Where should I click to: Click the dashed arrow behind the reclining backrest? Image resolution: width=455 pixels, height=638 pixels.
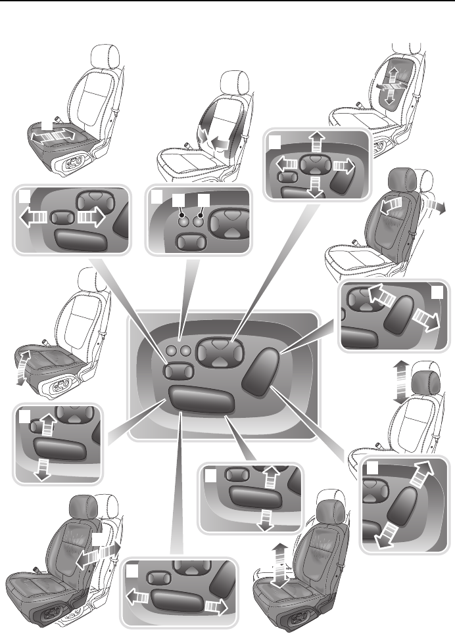(x=436, y=206)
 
